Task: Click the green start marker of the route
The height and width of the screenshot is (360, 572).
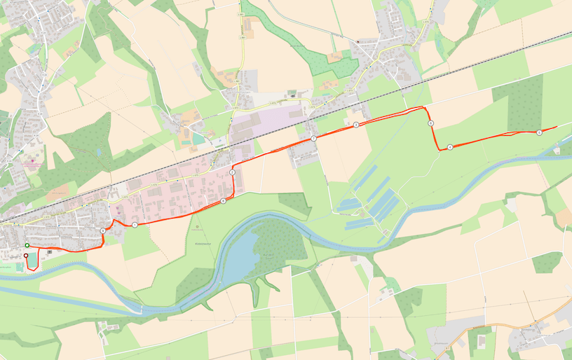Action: [27, 245]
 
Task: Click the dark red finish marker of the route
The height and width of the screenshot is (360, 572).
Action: [26, 256]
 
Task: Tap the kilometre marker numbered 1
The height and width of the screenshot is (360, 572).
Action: [134, 224]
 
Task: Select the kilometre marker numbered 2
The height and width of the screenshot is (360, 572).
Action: [232, 172]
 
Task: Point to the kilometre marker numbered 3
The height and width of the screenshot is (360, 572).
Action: [355, 125]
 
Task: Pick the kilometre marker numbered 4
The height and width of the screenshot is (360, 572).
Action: [449, 147]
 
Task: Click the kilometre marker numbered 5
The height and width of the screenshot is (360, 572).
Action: [539, 132]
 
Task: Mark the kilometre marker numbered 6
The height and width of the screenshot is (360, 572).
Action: [430, 123]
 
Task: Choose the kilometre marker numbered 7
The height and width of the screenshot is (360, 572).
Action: [313, 139]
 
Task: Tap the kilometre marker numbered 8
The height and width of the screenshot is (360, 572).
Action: [223, 201]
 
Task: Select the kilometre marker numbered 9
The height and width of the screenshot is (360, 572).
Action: [103, 230]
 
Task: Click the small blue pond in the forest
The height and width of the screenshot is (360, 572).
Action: [99, 151]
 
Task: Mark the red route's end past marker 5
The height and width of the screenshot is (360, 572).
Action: [557, 127]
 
